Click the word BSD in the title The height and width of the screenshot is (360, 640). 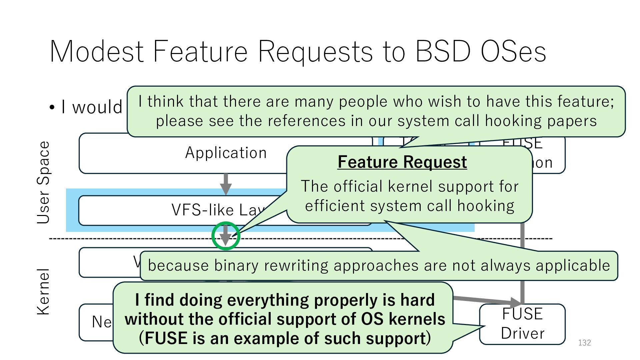(443, 52)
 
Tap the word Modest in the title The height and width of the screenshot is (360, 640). (97, 52)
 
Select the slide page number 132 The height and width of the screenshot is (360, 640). (584, 343)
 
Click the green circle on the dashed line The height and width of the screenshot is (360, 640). (226, 236)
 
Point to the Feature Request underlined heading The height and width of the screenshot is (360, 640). (402, 162)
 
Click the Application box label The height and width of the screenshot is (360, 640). (226, 153)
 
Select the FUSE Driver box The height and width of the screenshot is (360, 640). (522, 324)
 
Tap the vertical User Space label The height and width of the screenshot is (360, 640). (43, 182)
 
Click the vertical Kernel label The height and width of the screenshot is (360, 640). (43, 292)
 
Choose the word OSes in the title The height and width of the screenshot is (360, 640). (513, 52)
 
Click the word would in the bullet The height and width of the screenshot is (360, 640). (97, 107)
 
